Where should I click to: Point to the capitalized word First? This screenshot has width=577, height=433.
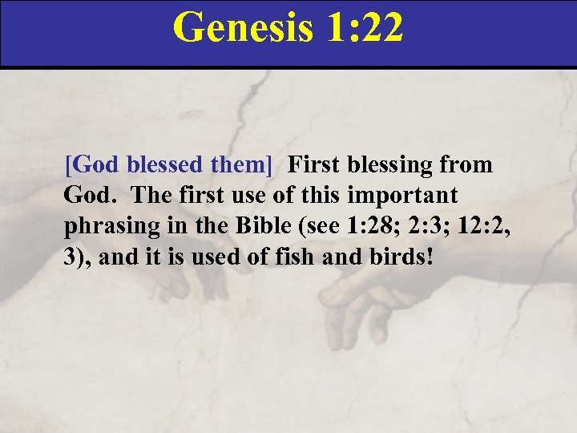click(314, 165)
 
